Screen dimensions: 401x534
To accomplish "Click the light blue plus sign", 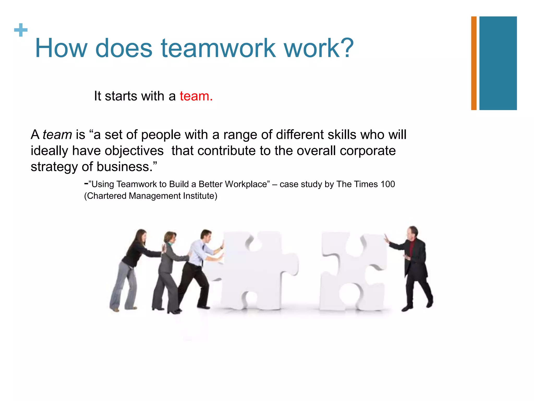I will point(21,30).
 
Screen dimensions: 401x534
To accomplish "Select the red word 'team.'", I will point(196,96).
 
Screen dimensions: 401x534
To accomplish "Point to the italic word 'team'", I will point(57,135).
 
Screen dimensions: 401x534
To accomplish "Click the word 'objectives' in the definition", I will point(118,151).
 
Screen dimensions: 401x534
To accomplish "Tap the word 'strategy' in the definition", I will point(54,167).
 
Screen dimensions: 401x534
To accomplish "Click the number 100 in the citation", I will point(387,184).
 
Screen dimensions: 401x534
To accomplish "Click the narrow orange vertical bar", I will point(474,63).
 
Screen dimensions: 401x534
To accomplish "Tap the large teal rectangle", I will point(498,63).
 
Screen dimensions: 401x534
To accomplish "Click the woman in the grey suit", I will point(167,269).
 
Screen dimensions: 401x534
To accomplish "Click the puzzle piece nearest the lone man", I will point(352,272).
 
